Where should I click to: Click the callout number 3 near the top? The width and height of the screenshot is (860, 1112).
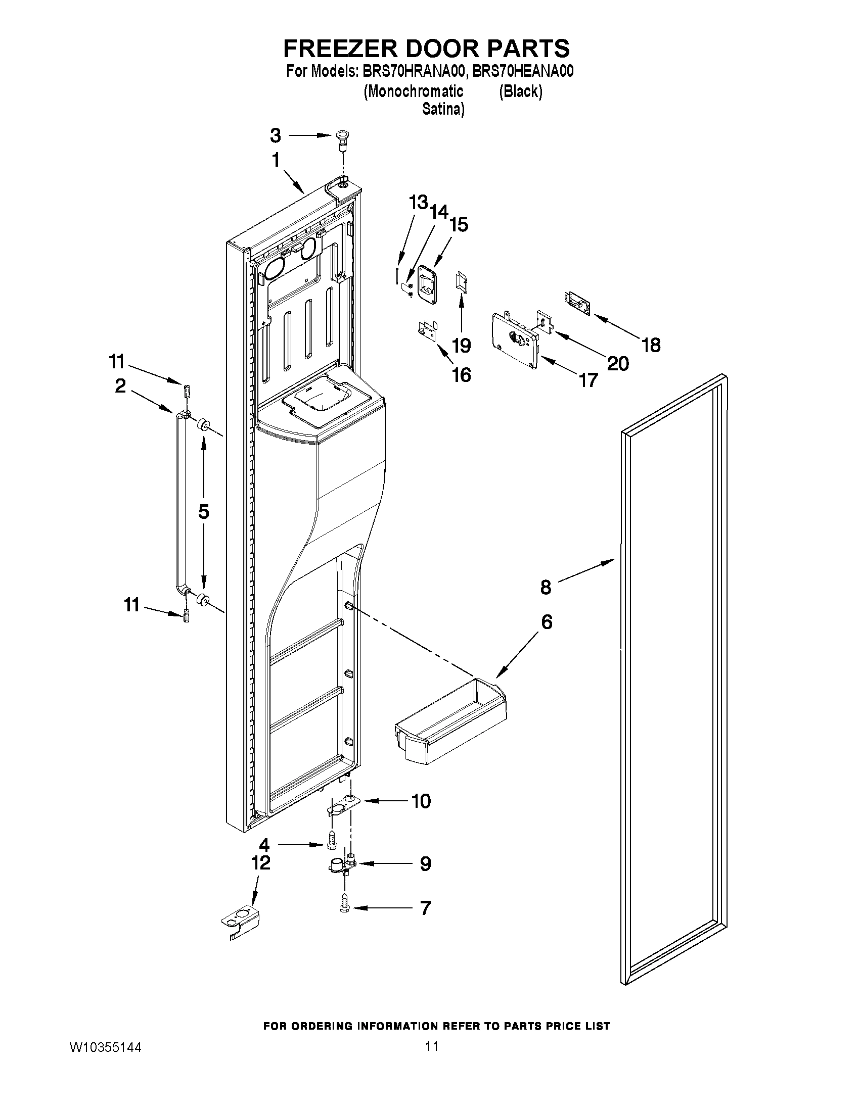tap(275, 135)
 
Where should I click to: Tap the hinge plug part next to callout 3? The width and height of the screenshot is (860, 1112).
tap(342, 139)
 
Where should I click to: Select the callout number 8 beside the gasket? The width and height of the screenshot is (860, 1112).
tap(546, 588)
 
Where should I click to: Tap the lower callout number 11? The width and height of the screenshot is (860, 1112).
tap(131, 605)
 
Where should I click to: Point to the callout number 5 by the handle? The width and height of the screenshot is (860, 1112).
tap(204, 512)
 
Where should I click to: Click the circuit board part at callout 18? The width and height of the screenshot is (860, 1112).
tap(577, 304)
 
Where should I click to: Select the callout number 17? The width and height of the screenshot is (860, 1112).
tap(588, 380)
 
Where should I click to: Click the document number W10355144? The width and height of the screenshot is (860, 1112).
tap(105, 1047)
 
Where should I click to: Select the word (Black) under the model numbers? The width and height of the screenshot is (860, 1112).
tap(520, 91)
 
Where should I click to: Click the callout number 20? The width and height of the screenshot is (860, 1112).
tap(618, 364)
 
